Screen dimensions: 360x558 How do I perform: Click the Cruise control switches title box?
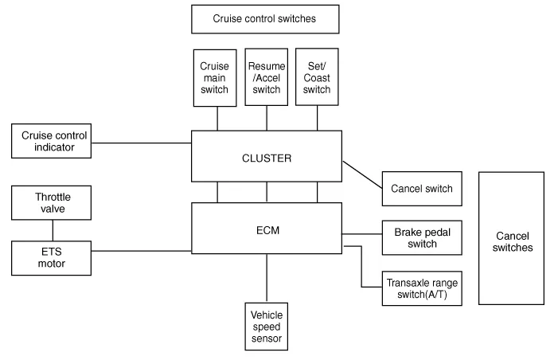pos(265,18)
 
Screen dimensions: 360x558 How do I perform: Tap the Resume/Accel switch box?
pos(266,77)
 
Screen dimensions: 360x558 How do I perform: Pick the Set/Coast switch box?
pos(317,77)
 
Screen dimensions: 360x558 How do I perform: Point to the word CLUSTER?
pos(266,158)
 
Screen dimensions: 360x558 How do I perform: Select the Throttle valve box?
pos(52,202)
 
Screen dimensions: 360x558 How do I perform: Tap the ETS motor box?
pos(52,258)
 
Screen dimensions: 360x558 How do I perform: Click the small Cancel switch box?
pos(421,189)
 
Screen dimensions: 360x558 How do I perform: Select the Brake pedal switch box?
pos(421,237)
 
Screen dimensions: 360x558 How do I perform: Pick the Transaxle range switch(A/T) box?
pos(421,288)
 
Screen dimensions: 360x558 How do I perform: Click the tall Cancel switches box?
pos(514,237)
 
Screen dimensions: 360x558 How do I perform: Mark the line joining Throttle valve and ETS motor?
pos(53,230)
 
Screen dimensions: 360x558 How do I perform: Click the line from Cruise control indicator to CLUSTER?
pos(142,143)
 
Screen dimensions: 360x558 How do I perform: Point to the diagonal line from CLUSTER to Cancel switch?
pos(362,174)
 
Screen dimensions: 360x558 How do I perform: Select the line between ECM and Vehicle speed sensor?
pos(266,278)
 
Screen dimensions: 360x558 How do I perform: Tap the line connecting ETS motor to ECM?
pos(142,251)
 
